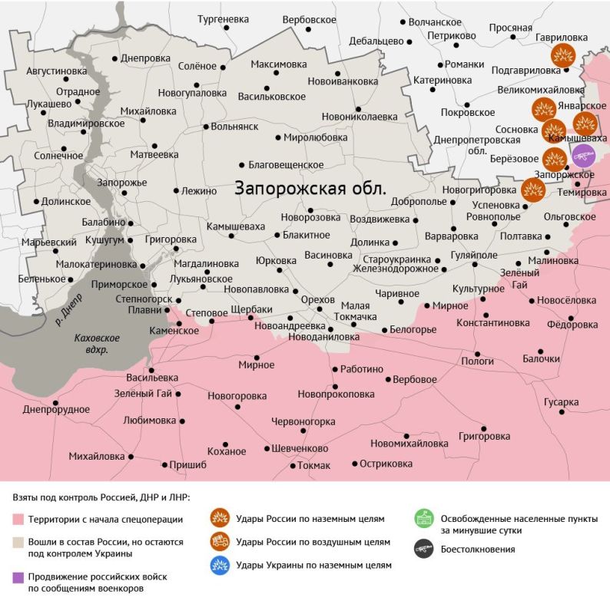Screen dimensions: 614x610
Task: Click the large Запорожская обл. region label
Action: pyautogui.click(x=310, y=188)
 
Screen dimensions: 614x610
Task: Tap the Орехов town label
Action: pyautogui.click(x=318, y=299)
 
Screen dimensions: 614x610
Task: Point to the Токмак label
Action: pyautogui.click(x=313, y=466)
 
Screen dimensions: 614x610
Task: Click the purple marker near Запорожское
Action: pyautogui.click(x=584, y=156)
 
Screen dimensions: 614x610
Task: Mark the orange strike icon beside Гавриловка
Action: pyautogui.click(x=563, y=55)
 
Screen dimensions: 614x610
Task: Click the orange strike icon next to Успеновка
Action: pyautogui.click(x=532, y=190)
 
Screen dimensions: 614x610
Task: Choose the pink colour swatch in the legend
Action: pyautogui.click(x=18, y=520)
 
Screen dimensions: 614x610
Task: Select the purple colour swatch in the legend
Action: pyautogui.click(x=18, y=576)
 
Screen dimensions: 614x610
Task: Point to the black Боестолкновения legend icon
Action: pyautogui.click(x=423, y=549)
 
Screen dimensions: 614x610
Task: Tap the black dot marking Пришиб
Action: pyautogui.click(x=164, y=464)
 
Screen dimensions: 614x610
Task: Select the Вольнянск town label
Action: pyautogui.click(x=234, y=127)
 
